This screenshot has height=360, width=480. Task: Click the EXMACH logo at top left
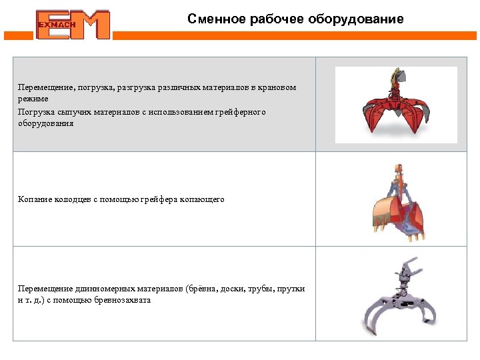pos(73,25)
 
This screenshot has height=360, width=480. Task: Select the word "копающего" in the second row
pos(202,199)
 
